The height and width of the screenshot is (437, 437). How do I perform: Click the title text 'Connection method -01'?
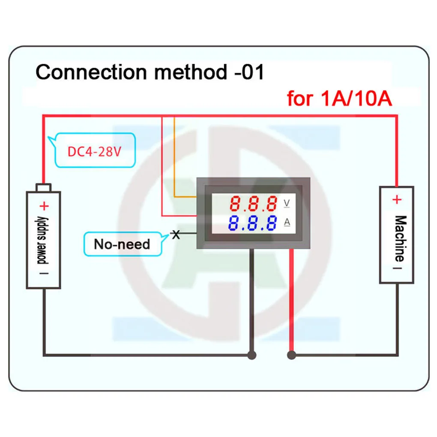tap(150, 72)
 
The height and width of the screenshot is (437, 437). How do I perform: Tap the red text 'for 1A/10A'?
tap(339, 99)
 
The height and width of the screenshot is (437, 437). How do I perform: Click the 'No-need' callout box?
tap(122, 244)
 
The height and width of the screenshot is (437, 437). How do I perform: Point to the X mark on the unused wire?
tap(175, 234)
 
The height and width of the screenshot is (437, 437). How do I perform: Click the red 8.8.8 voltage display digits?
tap(253, 204)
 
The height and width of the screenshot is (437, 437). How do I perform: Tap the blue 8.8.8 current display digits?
tap(252, 223)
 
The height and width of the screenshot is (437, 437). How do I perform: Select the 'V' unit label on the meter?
tap(287, 204)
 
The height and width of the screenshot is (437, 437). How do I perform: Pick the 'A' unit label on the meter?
tap(287, 222)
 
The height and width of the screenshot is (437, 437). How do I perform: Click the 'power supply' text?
tap(43, 240)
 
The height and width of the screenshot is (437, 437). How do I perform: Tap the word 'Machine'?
tap(399, 238)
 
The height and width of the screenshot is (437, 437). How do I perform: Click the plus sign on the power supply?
tap(44, 207)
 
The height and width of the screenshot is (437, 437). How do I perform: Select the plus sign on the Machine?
tap(397, 200)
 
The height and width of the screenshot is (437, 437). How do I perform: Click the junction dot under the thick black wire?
tap(252, 355)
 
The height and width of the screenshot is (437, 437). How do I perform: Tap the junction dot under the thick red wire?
tap(291, 355)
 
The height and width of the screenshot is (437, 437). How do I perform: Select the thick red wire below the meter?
tap(291, 300)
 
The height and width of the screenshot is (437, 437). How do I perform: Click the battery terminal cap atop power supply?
tap(44, 187)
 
